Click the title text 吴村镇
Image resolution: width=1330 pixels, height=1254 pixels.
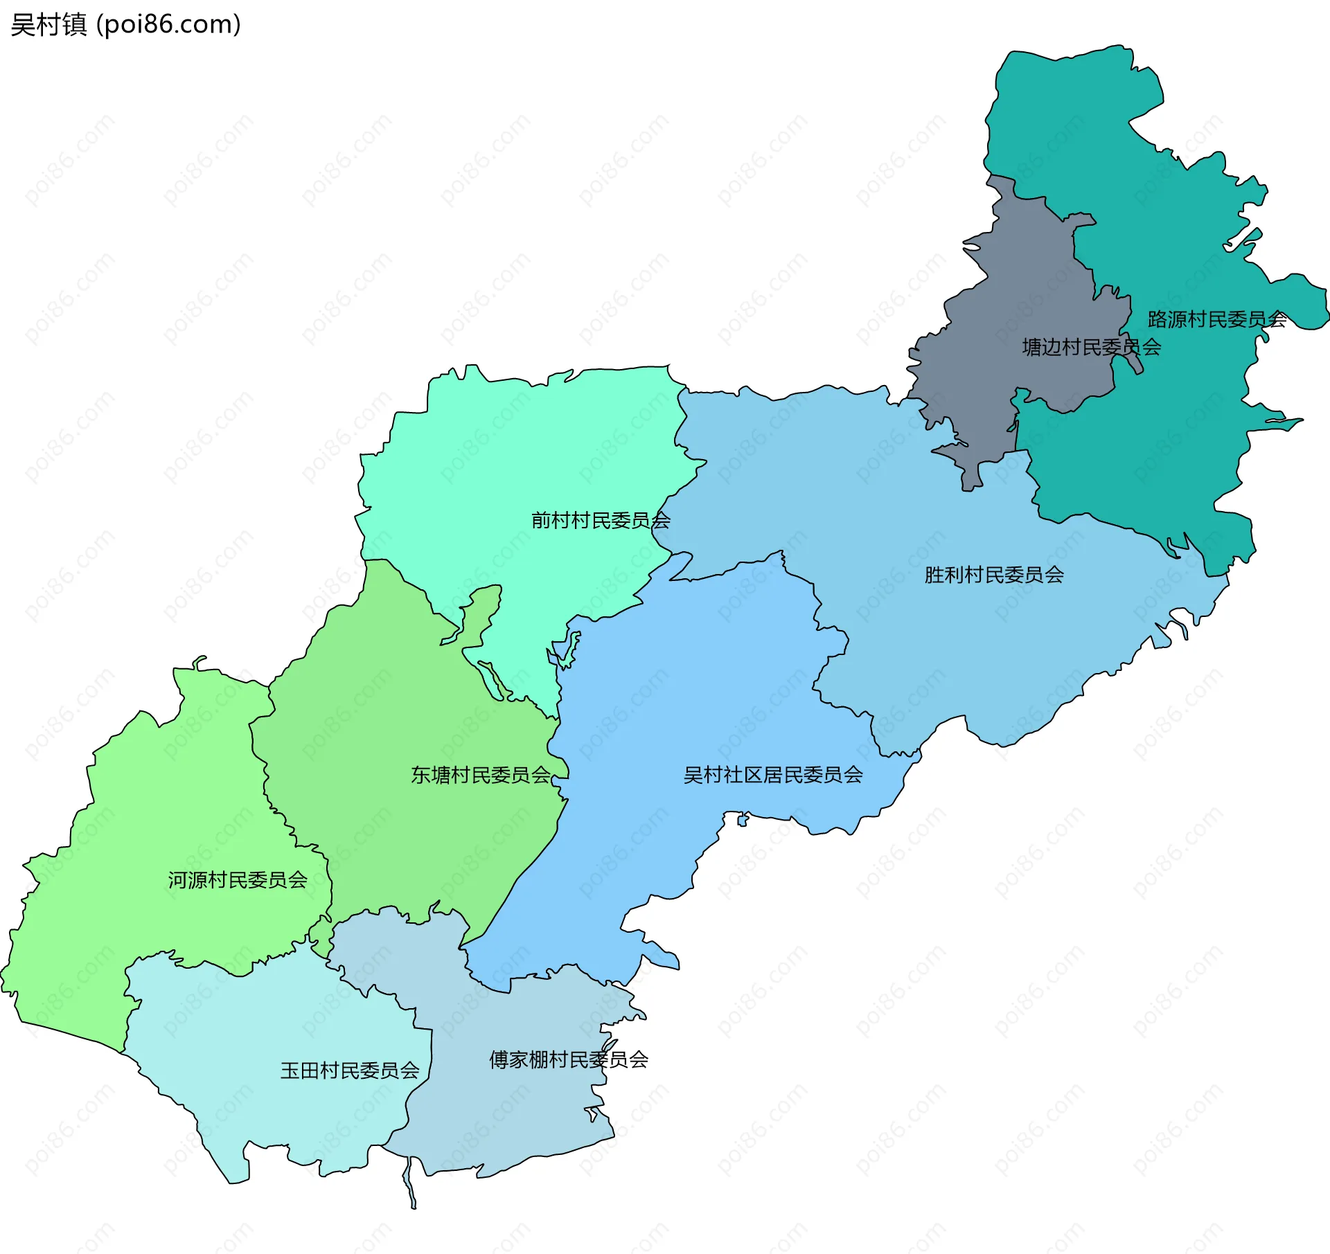tap(48, 25)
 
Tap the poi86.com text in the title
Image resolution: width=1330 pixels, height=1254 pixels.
tap(168, 25)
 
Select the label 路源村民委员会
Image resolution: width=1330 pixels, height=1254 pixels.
tap(1216, 319)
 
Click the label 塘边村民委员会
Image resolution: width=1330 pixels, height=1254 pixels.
tap(1091, 347)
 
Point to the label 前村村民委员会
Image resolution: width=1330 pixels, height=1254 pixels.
tap(600, 520)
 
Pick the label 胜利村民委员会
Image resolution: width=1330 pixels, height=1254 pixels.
tap(993, 575)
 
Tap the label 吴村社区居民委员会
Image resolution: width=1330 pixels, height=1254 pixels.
tap(772, 775)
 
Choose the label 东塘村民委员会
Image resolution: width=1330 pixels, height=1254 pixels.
tap(480, 775)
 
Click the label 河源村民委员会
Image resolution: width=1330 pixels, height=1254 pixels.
tap(237, 880)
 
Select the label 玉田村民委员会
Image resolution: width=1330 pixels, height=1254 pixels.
tap(349, 1071)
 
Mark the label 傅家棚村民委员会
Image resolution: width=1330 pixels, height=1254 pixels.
tap(568, 1059)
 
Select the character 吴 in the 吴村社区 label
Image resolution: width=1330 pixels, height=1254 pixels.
tap(693, 775)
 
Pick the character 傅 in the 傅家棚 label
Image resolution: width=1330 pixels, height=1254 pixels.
tap(499, 1059)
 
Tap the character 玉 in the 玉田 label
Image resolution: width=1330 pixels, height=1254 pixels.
tap(290, 1071)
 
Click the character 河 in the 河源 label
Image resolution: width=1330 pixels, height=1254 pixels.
tap(177, 880)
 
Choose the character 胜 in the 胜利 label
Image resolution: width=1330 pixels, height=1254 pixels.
tap(934, 575)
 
